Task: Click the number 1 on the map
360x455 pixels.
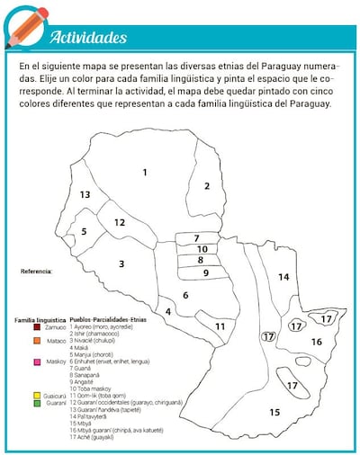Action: pyautogui.click(x=144, y=171)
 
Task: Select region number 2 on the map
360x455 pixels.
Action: pyautogui.click(x=206, y=186)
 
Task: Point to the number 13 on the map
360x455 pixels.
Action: pyautogui.click(x=85, y=194)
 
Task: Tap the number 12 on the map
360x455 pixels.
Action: pyautogui.click(x=119, y=222)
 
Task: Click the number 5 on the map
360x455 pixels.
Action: pyautogui.click(x=84, y=231)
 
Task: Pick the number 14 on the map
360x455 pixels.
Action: pyautogui.click(x=283, y=277)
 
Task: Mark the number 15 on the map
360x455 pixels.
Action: pyautogui.click(x=274, y=412)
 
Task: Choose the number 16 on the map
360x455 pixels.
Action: pyautogui.click(x=316, y=342)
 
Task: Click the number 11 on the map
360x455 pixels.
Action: pyautogui.click(x=220, y=326)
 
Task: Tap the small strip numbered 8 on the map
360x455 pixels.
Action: pyautogui.click(x=202, y=261)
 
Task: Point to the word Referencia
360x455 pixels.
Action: pyautogui.click(x=37, y=270)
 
